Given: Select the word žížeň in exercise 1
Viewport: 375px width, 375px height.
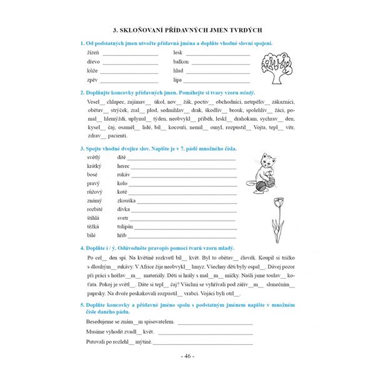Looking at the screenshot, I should pos(94,52).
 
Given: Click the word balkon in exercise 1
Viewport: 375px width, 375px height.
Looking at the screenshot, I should pos(181,62).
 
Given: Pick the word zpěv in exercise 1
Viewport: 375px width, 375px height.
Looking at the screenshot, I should pos(93,80).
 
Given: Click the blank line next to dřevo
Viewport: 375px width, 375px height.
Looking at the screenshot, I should pos(131,63).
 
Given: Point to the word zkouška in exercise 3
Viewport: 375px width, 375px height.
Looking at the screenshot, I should pos(128,200).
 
